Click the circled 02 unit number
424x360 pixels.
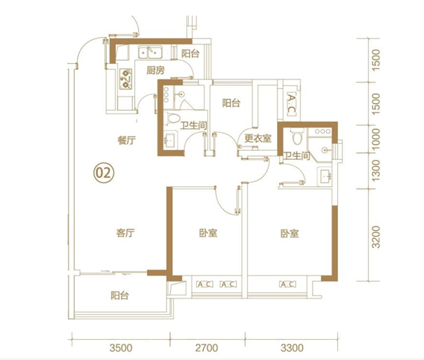[x=104, y=173]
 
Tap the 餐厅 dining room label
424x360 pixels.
[x=126, y=140]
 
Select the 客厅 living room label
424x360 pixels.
[x=125, y=233]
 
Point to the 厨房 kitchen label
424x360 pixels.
[x=155, y=71]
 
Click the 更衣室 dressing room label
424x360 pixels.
[x=258, y=138]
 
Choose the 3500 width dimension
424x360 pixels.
[x=121, y=348]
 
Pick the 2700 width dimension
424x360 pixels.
[x=206, y=348]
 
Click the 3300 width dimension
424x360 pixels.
[x=292, y=348]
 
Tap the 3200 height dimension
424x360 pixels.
[x=376, y=237]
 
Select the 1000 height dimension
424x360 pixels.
[x=376, y=139]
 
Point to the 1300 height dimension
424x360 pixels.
[x=376, y=171]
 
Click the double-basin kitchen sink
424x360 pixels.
[x=150, y=52]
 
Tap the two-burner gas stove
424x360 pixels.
[x=125, y=79]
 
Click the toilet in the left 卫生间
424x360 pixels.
[x=172, y=118]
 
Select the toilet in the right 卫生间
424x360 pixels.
[x=297, y=137]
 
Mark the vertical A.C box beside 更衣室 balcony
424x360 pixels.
[x=291, y=105]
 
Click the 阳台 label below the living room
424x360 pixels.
[x=120, y=295]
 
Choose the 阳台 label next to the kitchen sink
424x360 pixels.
[x=190, y=53]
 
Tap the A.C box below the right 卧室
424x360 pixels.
[x=287, y=284]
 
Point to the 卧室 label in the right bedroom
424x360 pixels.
[x=290, y=234]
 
